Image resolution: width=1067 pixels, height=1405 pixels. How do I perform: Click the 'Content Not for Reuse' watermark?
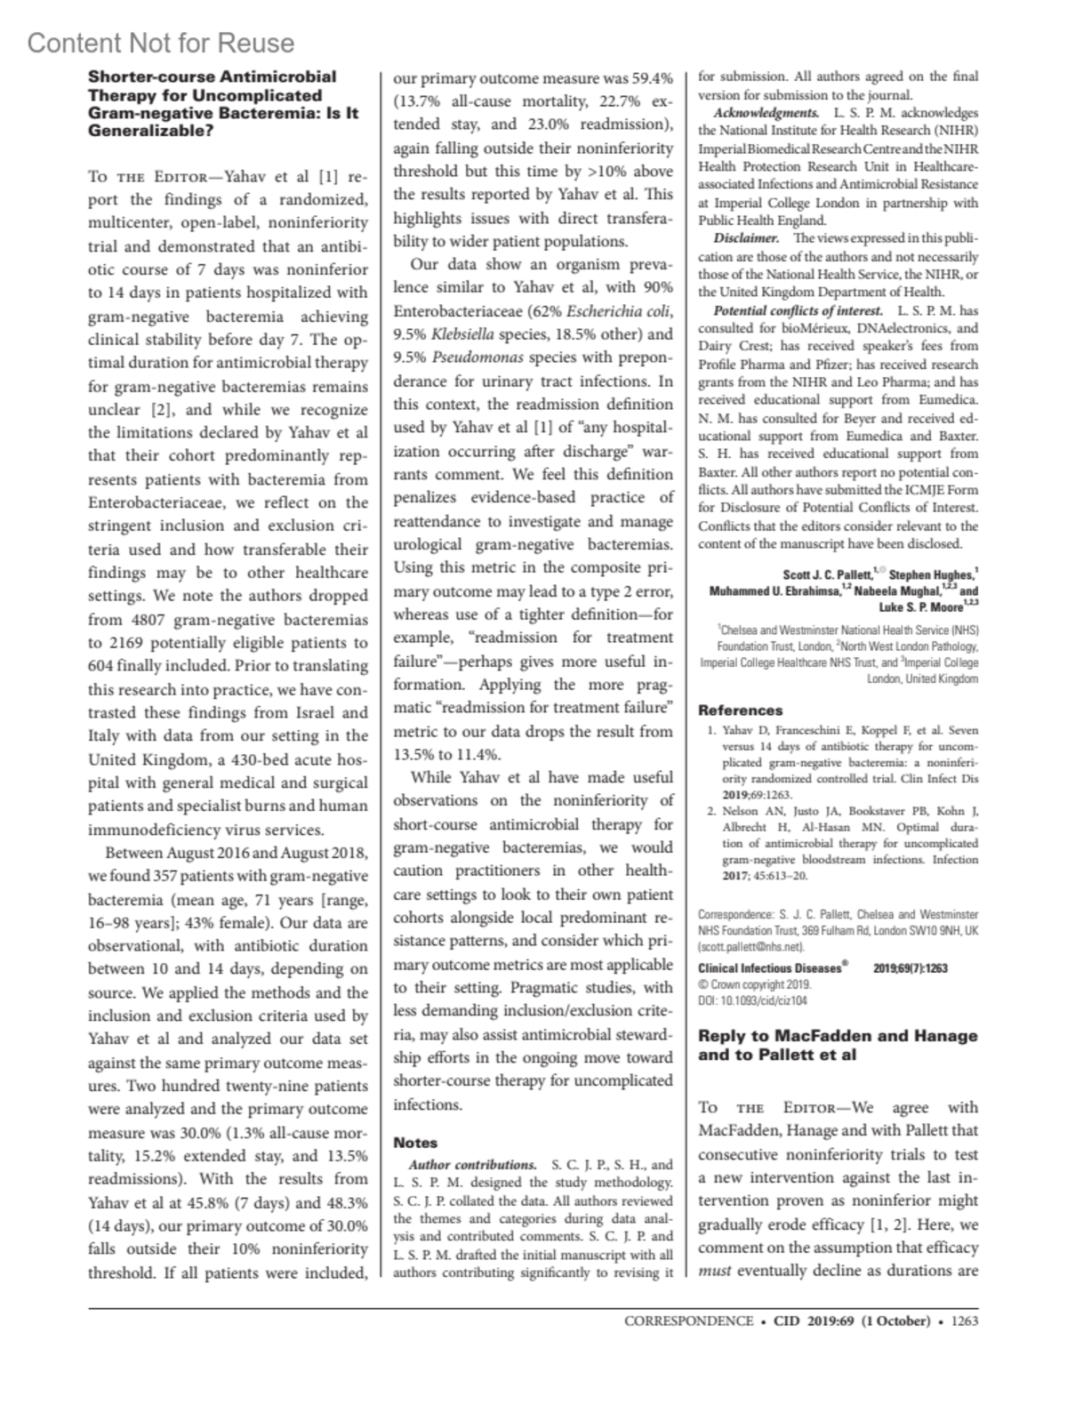(x=161, y=43)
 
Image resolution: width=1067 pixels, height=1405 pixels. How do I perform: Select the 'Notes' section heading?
(x=416, y=1143)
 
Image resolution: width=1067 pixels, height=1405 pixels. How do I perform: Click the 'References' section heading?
(x=741, y=710)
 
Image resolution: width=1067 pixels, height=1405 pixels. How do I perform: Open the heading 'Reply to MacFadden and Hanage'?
(x=838, y=1036)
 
